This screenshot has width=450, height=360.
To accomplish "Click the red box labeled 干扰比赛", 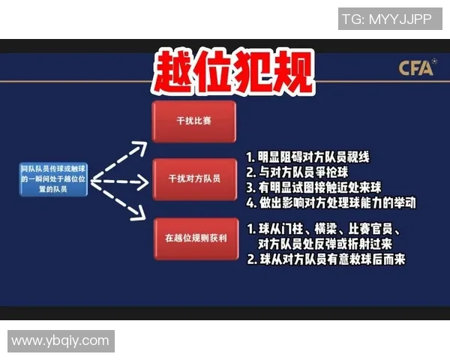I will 193,121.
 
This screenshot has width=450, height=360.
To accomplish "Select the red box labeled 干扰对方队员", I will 193,179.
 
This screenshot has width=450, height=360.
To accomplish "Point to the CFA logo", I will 416,68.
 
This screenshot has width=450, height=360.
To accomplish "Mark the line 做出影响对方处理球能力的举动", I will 330,202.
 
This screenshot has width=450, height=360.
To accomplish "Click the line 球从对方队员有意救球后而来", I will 325,260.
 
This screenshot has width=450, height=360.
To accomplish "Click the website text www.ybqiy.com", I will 61,341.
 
